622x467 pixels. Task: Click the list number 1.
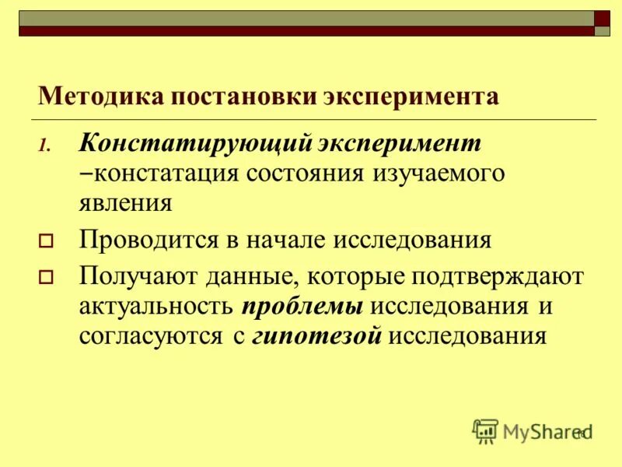coord(44,146)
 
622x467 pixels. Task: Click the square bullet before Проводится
coord(45,241)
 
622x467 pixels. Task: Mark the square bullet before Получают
coord(45,276)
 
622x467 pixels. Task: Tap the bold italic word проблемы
coord(302,305)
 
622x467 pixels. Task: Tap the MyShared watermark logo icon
coord(485,430)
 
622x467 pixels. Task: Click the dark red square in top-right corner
coord(603,18)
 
